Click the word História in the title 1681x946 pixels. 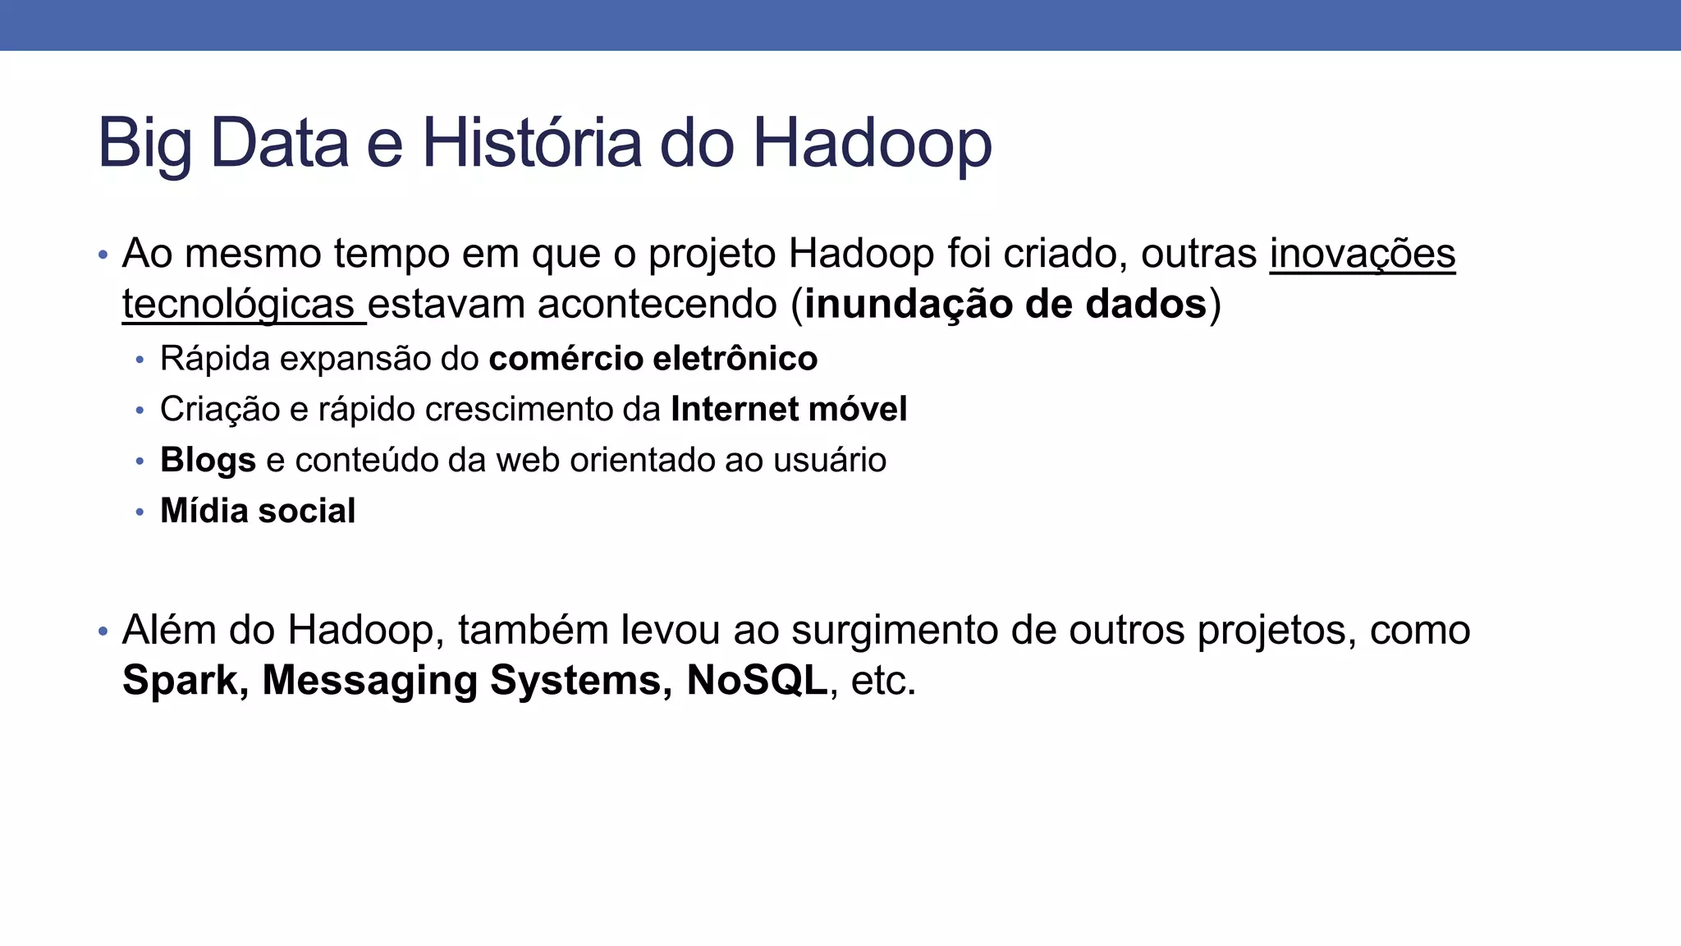531,143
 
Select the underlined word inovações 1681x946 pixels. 1363,254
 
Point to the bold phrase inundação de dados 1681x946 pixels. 1005,305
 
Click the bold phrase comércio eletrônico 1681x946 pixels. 653,359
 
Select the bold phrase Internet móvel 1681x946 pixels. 789,410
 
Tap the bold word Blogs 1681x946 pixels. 208,461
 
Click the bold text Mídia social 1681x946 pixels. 258,511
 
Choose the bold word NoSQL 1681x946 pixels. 757,681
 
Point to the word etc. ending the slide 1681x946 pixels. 883,682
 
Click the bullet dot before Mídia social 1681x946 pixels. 140,512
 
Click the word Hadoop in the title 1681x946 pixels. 872,143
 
